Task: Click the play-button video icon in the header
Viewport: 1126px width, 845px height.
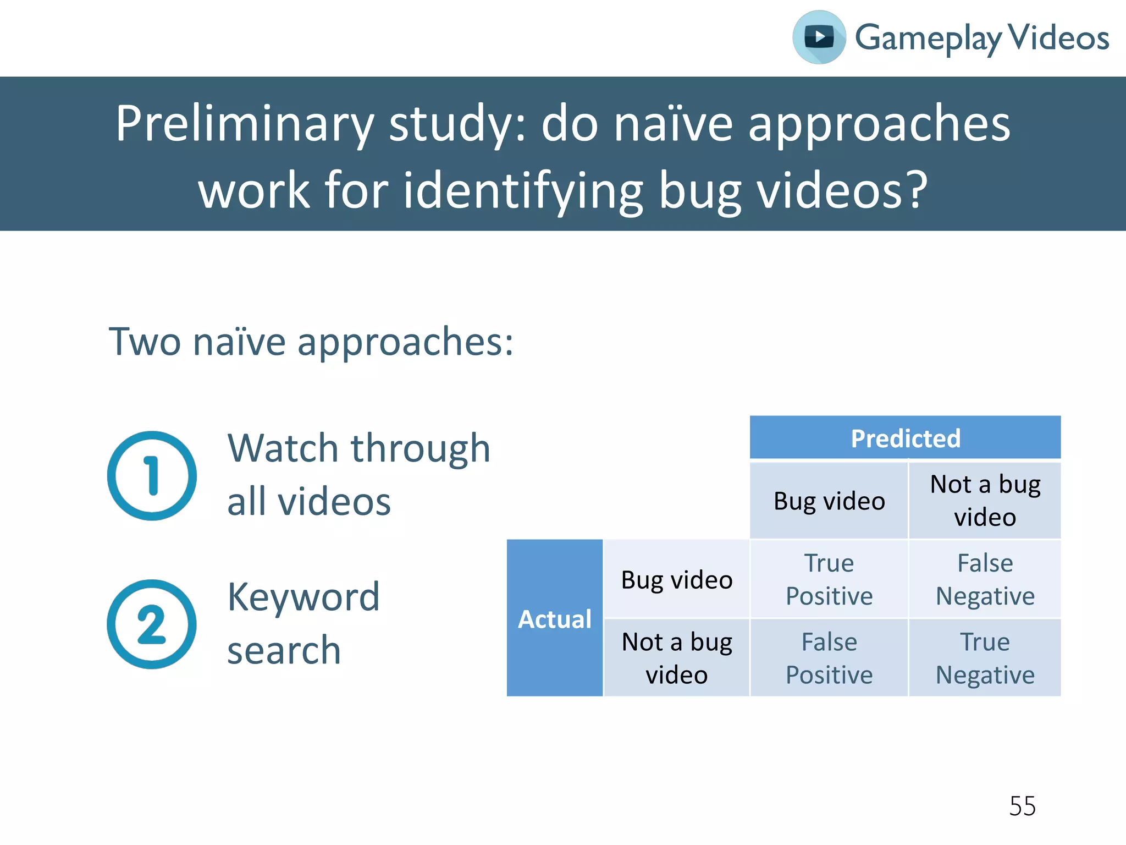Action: tap(819, 37)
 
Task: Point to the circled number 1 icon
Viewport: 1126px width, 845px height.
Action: tap(152, 476)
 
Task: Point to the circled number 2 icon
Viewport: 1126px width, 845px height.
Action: tap(152, 624)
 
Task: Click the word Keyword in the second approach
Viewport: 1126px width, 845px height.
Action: tap(303, 597)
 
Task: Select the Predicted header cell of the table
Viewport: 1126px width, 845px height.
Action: tap(905, 438)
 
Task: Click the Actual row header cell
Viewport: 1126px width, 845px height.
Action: tap(555, 618)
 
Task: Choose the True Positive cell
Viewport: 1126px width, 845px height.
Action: tap(829, 579)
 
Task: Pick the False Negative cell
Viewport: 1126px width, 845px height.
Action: tap(985, 579)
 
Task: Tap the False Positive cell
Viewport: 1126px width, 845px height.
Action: tap(829, 658)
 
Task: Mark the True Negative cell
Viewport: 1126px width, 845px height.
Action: tap(985, 658)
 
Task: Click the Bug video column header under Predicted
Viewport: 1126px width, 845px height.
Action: tap(829, 501)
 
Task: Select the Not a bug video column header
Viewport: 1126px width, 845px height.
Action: tap(985, 501)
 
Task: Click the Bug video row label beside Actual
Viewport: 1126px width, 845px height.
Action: tap(677, 580)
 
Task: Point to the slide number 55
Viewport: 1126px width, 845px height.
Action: tap(1022, 806)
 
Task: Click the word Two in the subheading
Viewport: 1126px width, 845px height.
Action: tap(145, 342)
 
